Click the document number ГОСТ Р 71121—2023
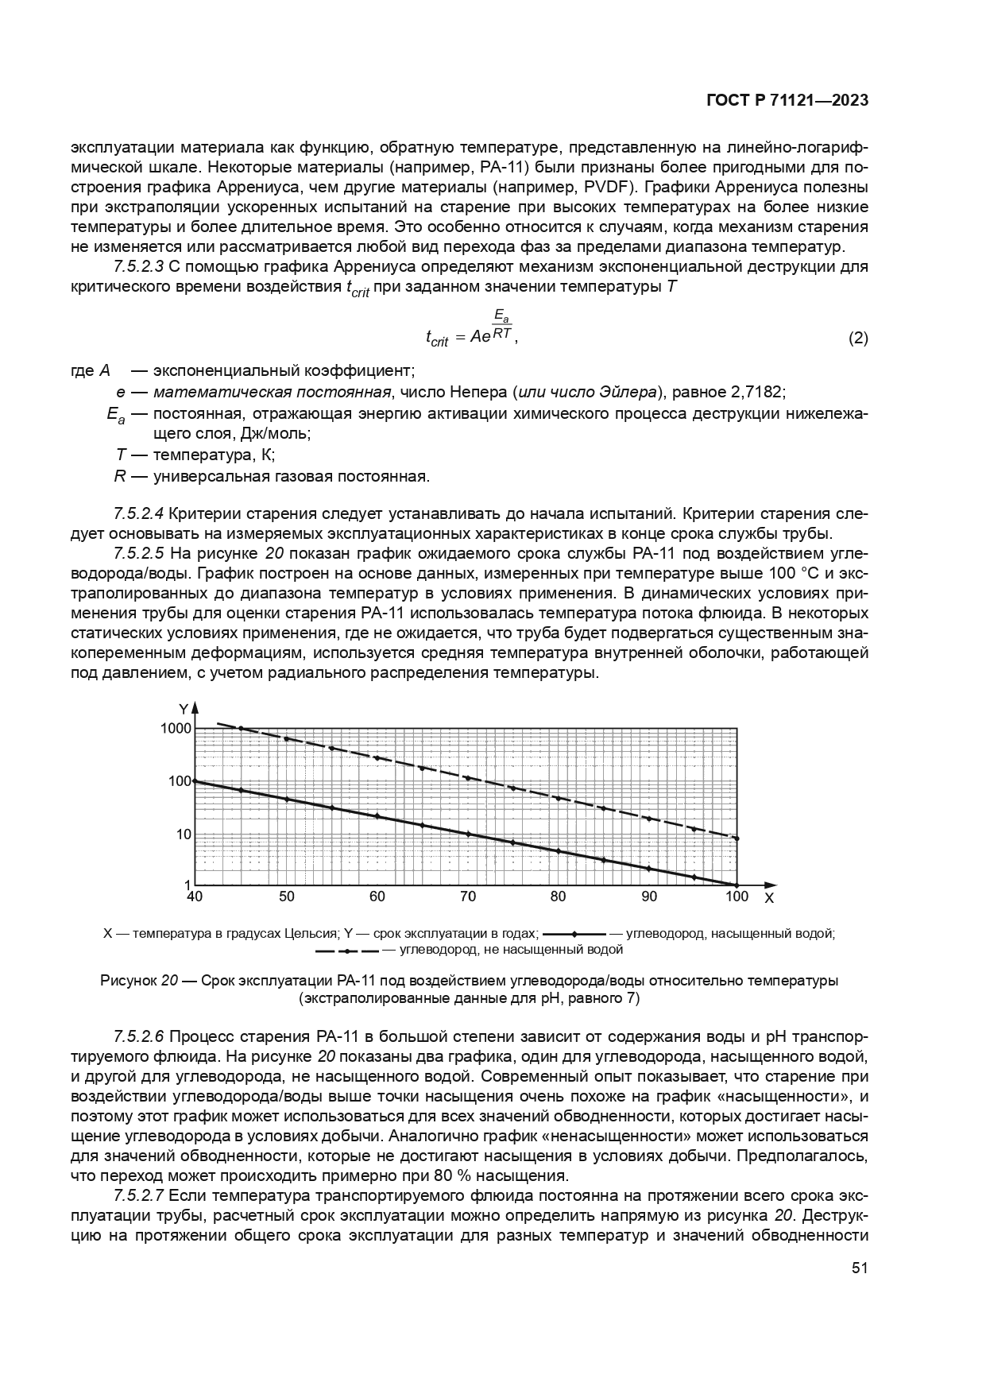[787, 101]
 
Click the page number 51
[859, 1268]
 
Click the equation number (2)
[858, 339]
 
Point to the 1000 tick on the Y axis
[176, 729]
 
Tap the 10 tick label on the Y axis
[183, 834]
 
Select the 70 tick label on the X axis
[468, 897]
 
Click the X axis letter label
[768, 898]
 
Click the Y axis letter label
[183, 708]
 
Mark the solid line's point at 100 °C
[737, 885]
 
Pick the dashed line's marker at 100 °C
[737, 838]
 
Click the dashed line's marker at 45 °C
[241, 729]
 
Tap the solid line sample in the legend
[574, 934]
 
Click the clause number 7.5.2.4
[139, 513]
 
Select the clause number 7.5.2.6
[139, 1036]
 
